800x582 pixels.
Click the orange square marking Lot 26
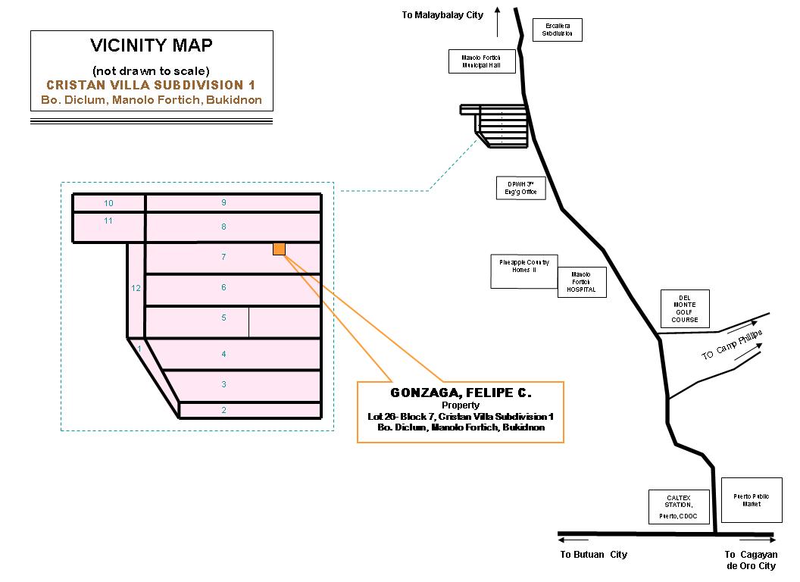point(279,249)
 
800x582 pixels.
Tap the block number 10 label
point(108,203)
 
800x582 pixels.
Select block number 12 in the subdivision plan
point(136,288)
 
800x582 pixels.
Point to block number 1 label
point(139,349)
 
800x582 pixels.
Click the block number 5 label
point(223,318)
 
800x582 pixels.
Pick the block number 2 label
point(223,410)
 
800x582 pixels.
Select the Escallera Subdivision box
point(558,30)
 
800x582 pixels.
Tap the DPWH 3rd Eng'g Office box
point(516,188)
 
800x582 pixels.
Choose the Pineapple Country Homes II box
point(524,271)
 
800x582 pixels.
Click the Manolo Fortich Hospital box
point(582,281)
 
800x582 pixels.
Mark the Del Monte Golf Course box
point(685,309)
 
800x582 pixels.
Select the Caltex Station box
point(680,505)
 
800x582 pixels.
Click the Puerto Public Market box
point(752,500)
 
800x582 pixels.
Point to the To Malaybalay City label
point(442,15)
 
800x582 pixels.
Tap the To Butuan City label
point(594,555)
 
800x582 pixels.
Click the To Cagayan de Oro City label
point(751,560)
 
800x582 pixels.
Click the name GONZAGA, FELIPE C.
point(461,393)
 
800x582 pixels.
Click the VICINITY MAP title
point(152,45)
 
